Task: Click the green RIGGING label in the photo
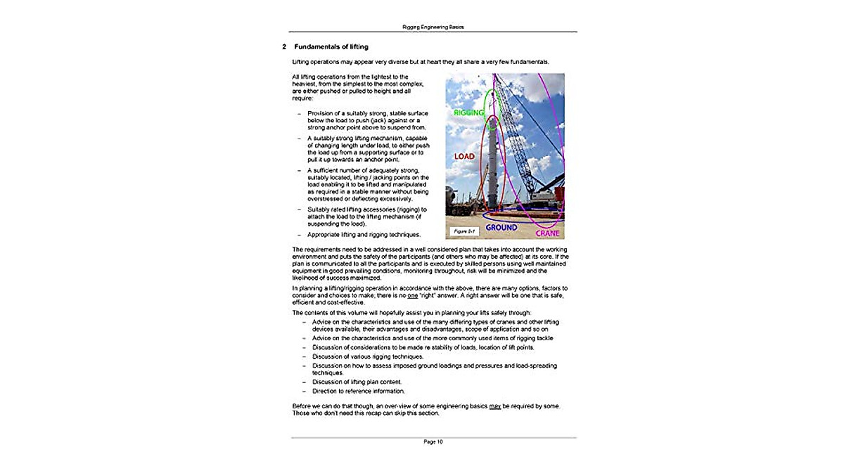468,112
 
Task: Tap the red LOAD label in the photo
463,156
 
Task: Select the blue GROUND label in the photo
501,228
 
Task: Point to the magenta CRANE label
547,233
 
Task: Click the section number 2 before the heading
283,47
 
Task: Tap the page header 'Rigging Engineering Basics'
433,27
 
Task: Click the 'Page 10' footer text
433,442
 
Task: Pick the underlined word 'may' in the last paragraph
494,406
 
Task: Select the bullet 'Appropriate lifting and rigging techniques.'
364,234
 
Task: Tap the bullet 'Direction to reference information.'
359,391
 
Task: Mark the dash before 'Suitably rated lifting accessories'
299,209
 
